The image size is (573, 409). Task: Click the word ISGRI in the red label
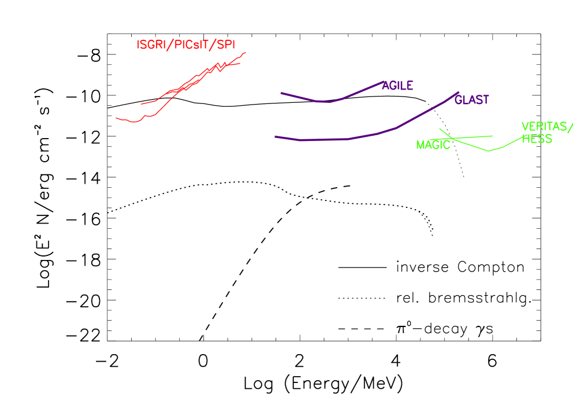point(150,44)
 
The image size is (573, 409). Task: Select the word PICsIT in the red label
point(191,44)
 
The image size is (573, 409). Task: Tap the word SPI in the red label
point(226,44)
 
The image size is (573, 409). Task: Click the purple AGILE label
point(397,85)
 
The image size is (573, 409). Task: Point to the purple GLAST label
point(472,100)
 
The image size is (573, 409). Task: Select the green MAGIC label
point(433,145)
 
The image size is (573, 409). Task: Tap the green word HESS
point(537,139)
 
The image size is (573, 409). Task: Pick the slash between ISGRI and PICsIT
point(169,44)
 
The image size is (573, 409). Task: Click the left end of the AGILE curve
point(281,92)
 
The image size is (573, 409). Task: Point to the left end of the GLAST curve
point(275,136)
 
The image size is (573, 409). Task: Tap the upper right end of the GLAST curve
point(459,92)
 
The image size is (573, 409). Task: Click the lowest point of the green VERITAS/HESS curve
point(489,151)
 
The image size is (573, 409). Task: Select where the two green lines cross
point(451,137)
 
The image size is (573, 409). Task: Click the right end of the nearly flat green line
point(492,136)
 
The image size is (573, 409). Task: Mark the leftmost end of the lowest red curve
point(116,118)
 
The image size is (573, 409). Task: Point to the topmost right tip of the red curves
point(246,53)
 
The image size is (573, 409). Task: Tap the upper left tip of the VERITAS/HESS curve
point(440,129)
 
